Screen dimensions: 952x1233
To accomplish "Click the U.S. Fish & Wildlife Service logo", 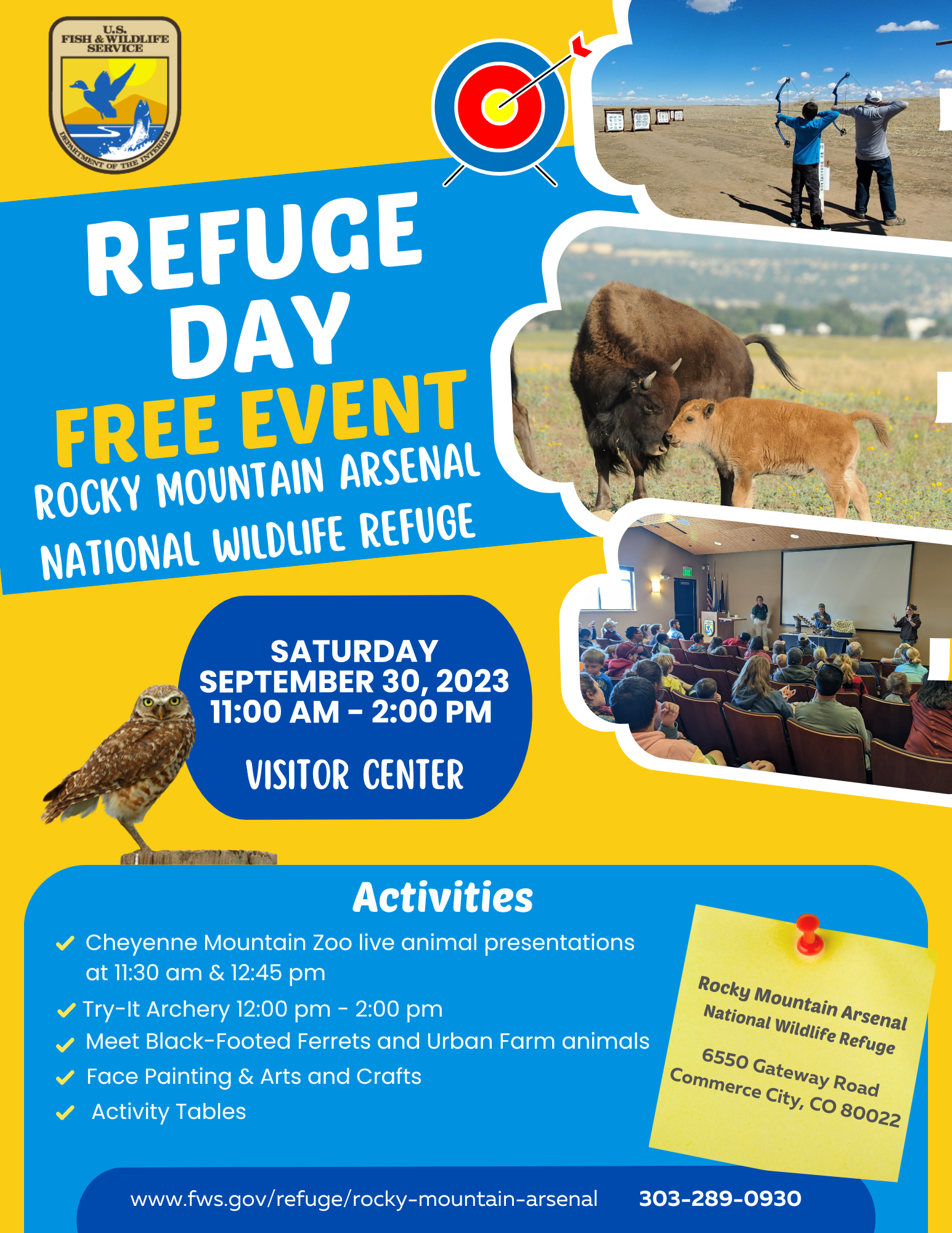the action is tap(115, 95).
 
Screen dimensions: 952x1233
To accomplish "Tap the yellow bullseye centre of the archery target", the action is tap(499, 106).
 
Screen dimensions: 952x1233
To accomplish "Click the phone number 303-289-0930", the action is tap(720, 1198).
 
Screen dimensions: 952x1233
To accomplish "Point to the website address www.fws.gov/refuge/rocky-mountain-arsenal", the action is tap(364, 1199).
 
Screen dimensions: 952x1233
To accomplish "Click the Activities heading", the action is tap(443, 897).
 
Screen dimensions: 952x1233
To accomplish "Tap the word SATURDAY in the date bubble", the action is tap(354, 651).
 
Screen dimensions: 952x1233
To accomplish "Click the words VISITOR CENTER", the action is tap(354, 774).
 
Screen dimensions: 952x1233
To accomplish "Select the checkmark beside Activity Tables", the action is tap(65, 1113).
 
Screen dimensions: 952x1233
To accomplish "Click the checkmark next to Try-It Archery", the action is tap(66, 1010).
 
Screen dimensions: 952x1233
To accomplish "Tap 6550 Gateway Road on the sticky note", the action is tap(790, 1073).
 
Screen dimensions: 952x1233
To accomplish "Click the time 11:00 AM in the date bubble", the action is tap(275, 711).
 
